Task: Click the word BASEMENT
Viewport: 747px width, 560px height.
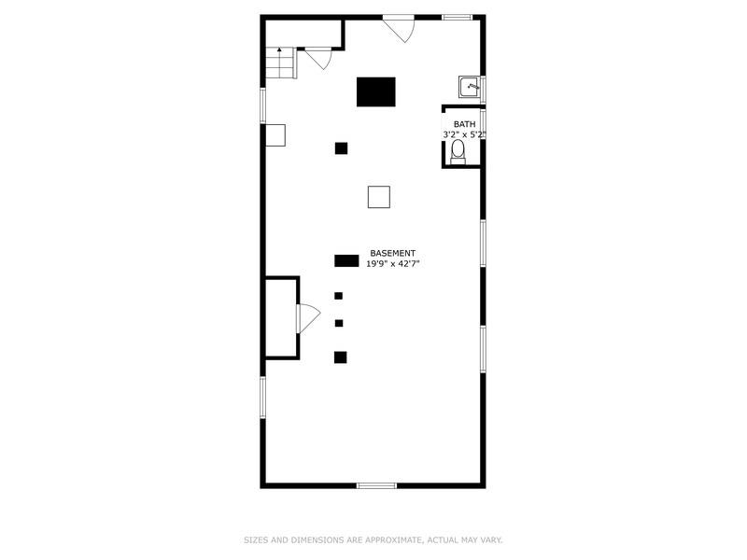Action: tap(392, 253)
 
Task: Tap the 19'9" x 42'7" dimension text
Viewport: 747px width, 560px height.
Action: tap(392, 264)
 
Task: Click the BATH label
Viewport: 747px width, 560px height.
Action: tap(464, 124)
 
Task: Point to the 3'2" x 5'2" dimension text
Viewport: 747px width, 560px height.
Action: tap(464, 134)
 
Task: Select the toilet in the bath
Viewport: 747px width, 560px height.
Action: tap(458, 152)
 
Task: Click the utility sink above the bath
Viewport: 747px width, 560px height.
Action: tap(471, 87)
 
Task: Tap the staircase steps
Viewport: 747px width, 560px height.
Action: tap(281, 63)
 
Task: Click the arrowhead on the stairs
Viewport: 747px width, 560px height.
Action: tap(279, 49)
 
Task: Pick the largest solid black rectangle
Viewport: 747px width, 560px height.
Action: tap(376, 91)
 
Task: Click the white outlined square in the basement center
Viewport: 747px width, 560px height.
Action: tap(379, 197)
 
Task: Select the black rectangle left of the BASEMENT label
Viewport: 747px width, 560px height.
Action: tap(346, 261)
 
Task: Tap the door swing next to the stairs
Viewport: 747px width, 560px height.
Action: tap(319, 58)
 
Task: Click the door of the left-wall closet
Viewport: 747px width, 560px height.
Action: tap(308, 318)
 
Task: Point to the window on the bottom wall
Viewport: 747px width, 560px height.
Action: tap(376, 485)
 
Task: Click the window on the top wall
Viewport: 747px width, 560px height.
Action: tap(457, 18)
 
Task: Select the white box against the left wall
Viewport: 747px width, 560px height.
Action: tap(275, 135)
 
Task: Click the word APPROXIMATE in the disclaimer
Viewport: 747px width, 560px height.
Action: tap(393, 540)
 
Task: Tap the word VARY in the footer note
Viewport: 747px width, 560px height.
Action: tap(492, 540)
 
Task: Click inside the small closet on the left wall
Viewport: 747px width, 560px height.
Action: tap(281, 317)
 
